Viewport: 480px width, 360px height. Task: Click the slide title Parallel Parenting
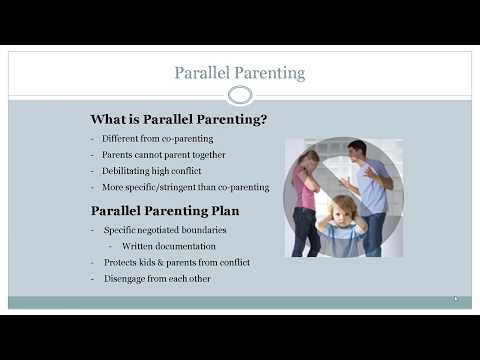tap(240, 73)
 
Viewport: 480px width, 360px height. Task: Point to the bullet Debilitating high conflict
tap(156, 171)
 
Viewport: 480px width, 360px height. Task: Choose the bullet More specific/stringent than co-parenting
tap(185, 187)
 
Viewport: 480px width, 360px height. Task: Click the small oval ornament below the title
tap(240, 96)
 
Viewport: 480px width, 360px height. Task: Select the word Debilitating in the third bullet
tap(129, 171)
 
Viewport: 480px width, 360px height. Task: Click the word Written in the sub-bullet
tap(139, 246)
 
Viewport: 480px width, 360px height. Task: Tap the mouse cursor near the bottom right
tap(456, 298)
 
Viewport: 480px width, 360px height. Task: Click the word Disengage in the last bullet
tap(126, 278)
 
